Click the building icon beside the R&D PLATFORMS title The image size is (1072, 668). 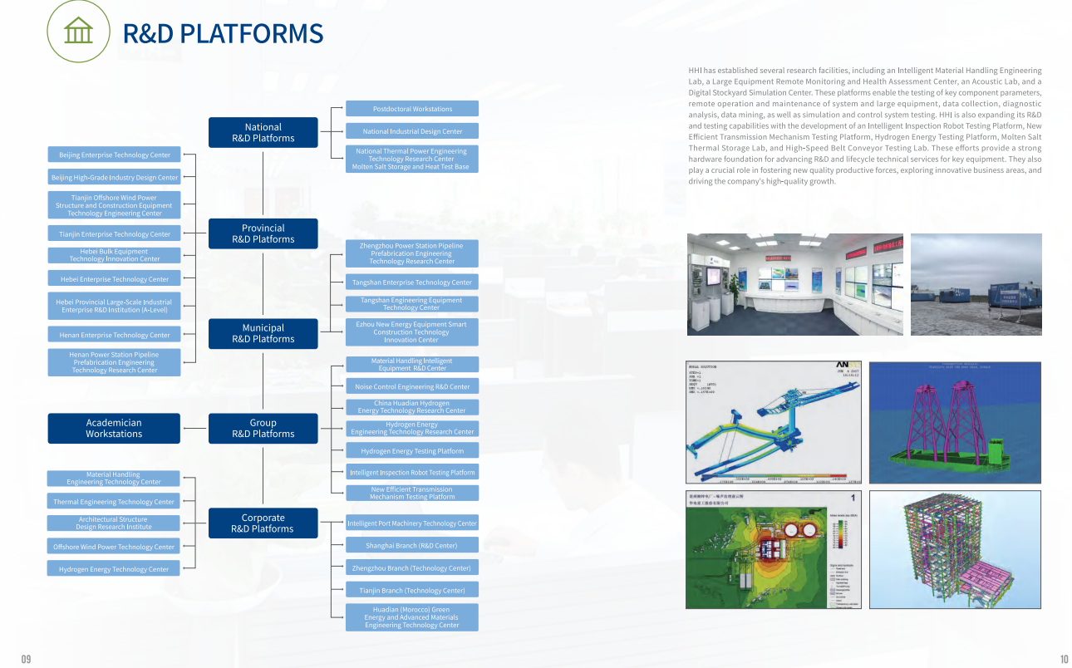pos(78,32)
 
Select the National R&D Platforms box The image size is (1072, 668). pos(263,133)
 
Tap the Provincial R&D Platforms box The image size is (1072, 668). pos(263,233)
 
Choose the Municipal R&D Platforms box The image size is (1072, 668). pos(263,333)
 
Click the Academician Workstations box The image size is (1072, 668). pos(114,428)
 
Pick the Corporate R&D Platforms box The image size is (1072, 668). pos(263,523)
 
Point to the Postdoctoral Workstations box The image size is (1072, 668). pos(412,109)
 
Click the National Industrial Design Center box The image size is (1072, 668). pos(412,131)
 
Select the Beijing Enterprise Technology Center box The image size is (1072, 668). pos(114,155)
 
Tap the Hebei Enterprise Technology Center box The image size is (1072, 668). pos(114,279)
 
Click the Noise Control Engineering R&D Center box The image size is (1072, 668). pos(412,386)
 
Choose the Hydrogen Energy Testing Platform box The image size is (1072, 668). pos(412,450)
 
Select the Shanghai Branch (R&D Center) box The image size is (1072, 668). pos(412,545)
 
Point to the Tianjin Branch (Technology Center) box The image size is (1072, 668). pos(412,590)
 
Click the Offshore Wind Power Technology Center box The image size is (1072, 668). pos(114,547)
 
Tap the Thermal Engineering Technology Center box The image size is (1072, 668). pos(114,502)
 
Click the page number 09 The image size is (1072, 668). pos(26,659)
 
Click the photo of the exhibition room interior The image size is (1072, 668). pos(794,284)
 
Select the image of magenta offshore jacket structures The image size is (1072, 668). pos(955,422)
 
